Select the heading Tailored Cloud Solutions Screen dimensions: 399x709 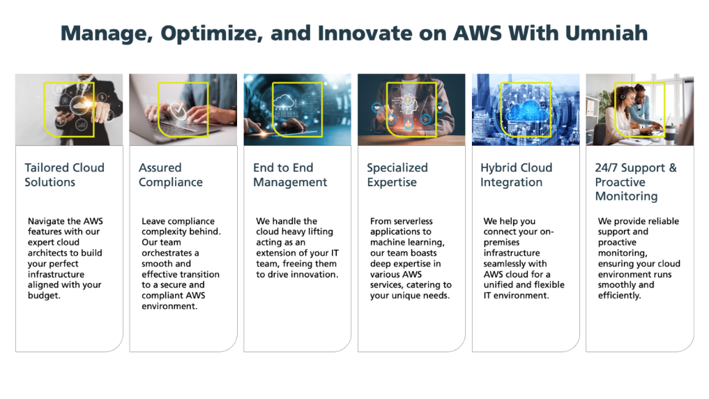(64, 174)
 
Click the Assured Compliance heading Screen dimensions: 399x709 (171, 174)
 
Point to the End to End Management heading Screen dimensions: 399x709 (289, 174)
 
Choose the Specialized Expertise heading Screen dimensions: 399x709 (397, 174)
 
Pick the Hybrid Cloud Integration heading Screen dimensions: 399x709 (516, 174)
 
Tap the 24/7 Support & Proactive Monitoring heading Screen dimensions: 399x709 (635, 181)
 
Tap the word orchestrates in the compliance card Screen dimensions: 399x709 (170, 253)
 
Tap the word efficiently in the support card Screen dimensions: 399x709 (619, 295)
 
